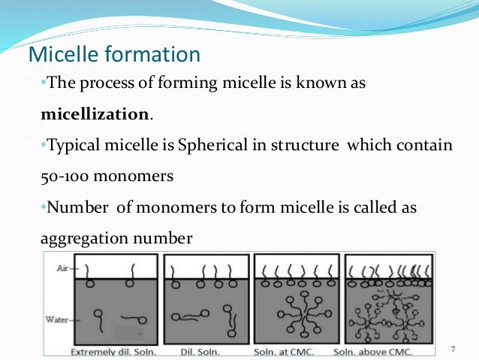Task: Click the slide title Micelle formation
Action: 113,55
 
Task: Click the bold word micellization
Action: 95,115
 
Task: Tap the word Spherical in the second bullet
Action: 209,146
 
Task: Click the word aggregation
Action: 74,239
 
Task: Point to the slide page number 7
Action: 453,349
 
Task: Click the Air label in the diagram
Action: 53,267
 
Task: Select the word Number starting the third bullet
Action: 74,207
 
